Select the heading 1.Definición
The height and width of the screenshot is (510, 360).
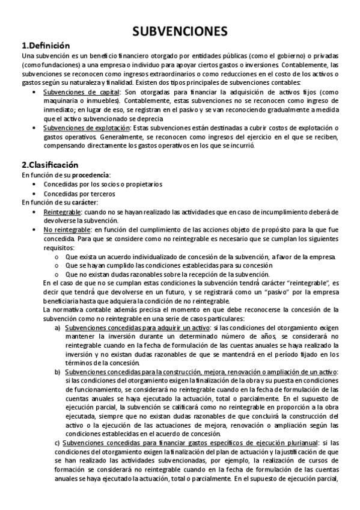(x=46, y=46)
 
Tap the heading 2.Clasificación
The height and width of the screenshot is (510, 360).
(x=50, y=165)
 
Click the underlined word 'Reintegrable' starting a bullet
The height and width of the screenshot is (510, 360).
(x=63, y=212)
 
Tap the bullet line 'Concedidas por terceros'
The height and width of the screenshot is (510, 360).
(x=79, y=194)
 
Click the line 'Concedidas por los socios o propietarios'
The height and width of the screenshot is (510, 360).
(x=102, y=184)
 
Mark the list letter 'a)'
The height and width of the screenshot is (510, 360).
(x=58, y=328)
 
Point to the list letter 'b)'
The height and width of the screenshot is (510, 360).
(x=58, y=372)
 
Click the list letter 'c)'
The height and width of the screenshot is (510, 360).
(x=58, y=444)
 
